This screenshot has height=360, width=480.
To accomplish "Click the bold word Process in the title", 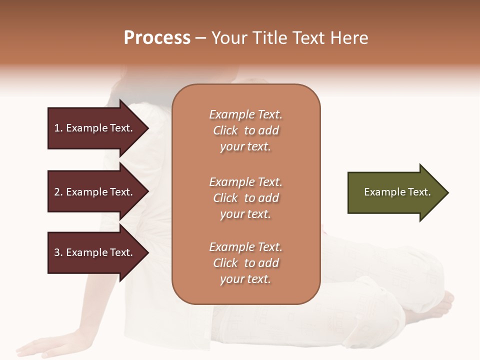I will pos(157,38).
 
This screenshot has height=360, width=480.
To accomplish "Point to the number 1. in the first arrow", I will pos(58,128).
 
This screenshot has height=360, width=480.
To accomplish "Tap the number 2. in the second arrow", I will pos(58,192).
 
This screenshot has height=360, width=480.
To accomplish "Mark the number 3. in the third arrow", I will pos(58,252).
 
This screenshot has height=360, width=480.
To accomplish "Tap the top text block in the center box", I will pos(245,130).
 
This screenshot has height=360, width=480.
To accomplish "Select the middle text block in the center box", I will pos(245,198).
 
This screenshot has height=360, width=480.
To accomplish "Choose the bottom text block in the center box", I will pos(245,263).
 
